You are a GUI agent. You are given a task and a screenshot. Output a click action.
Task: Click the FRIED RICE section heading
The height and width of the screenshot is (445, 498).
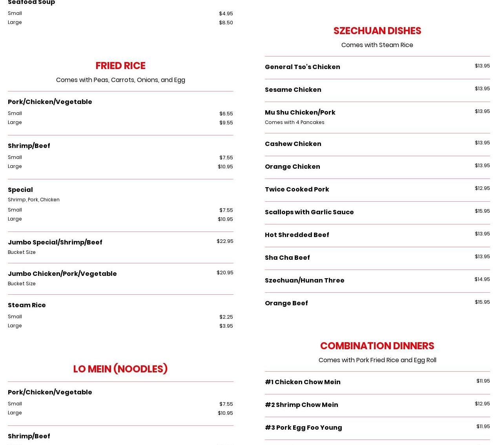[x=120, y=66]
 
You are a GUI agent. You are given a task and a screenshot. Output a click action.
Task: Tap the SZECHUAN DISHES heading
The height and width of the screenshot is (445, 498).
[x=377, y=31]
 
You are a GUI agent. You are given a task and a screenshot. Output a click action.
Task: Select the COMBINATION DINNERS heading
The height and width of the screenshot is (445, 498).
[x=377, y=346]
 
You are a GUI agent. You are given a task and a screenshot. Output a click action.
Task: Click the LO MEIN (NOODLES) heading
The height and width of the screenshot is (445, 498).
[x=120, y=369]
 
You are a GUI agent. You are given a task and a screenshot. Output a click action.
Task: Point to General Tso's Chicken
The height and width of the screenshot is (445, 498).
[x=302, y=67]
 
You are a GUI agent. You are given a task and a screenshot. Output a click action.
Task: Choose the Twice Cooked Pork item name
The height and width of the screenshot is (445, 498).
[x=297, y=189]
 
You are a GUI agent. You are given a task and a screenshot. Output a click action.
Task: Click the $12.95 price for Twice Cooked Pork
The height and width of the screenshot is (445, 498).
[x=482, y=188]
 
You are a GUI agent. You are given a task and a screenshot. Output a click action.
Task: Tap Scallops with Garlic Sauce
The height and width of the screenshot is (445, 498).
[x=309, y=212]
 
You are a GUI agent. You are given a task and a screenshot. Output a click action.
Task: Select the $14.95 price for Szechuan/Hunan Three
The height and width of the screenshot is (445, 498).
[x=482, y=279]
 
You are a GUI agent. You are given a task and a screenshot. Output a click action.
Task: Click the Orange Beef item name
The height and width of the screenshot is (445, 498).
[x=286, y=303]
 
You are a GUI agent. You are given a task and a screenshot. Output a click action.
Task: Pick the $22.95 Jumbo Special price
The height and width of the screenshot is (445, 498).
[x=224, y=241]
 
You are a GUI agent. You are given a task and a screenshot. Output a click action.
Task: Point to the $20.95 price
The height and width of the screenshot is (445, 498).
[x=224, y=273]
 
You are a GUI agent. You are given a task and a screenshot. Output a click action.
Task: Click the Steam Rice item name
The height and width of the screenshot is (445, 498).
[x=27, y=305]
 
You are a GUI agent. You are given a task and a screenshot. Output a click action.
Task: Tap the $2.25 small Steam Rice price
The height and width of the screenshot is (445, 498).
[x=226, y=317]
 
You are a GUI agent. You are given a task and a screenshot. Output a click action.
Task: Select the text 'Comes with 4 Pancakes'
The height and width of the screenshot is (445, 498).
[x=294, y=122]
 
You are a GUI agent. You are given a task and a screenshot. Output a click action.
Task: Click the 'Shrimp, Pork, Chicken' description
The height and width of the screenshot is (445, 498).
[x=34, y=200]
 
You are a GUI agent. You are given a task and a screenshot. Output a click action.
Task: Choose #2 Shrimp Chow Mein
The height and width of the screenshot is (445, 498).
[x=301, y=405]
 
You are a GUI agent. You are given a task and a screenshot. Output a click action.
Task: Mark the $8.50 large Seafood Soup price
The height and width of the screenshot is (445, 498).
[x=226, y=23]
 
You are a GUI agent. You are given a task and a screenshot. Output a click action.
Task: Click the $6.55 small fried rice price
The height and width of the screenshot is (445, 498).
[x=226, y=114]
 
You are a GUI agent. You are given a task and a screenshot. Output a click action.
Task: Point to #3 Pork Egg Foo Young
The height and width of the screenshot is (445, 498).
[x=303, y=427]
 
